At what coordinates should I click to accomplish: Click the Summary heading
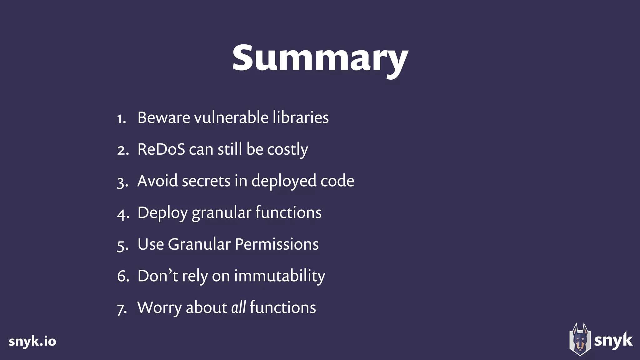[320, 59]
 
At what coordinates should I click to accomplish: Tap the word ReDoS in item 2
[161, 149]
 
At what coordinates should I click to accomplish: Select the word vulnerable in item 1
[231, 118]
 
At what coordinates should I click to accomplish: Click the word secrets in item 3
[206, 181]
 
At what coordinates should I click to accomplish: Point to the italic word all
[238, 307]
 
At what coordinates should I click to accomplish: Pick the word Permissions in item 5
[277, 244]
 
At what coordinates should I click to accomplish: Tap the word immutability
[280, 276]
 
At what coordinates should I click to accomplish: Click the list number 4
[123, 214]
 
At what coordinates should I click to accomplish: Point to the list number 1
[121, 119]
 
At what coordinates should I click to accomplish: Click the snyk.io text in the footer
[32, 341]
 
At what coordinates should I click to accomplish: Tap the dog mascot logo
[580, 339]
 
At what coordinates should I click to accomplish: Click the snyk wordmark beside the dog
[613, 340]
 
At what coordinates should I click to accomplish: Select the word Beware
[164, 118]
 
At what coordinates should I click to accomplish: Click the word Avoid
[157, 181]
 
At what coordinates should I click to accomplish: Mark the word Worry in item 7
[159, 308]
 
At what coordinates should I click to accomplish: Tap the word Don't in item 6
[158, 276]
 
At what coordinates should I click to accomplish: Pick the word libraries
[300, 118]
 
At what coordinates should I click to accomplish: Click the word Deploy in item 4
[162, 213]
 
